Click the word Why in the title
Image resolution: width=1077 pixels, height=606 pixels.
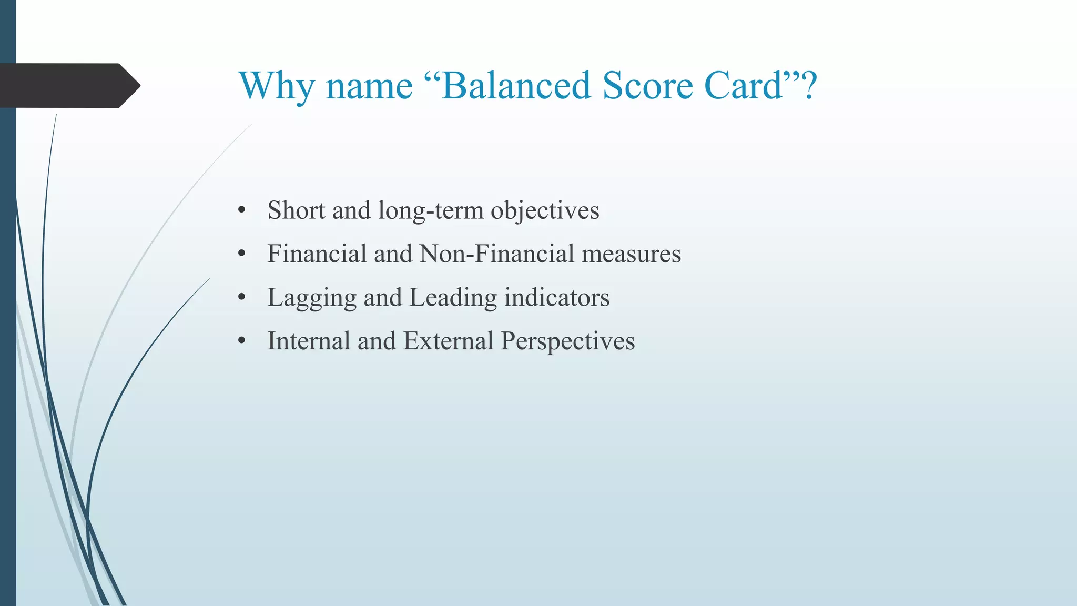tap(276, 86)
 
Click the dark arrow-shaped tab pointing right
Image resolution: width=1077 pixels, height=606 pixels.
tap(68, 86)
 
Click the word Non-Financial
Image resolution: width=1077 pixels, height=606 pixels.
tap(497, 254)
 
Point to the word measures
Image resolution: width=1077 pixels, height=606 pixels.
tap(631, 254)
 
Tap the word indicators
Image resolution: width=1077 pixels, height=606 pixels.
tap(557, 298)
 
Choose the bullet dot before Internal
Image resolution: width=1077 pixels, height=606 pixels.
tap(242, 341)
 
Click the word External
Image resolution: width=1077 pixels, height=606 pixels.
tap(448, 341)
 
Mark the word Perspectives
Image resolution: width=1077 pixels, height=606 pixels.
tap(568, 341)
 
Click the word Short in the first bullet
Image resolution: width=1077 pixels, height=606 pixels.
tap(296, 210)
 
